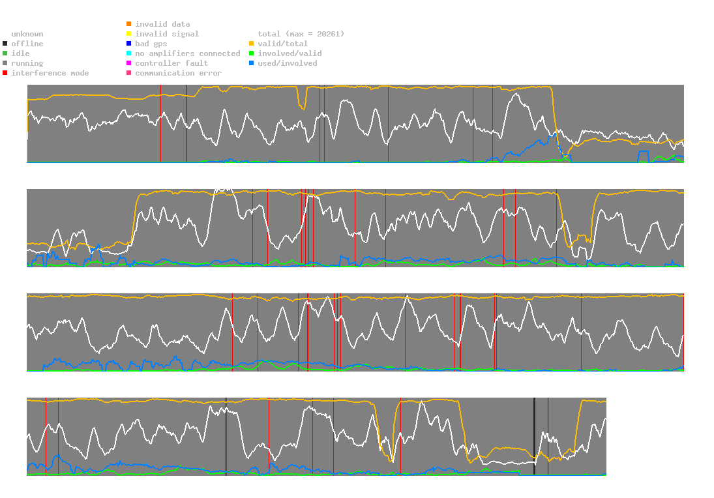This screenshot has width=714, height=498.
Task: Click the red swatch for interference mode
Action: [5, 73]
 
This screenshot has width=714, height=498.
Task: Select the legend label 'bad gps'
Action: [151, 44]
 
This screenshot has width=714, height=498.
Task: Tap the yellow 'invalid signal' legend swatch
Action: [128, 34]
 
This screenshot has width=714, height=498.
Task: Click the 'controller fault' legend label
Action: [171, 63]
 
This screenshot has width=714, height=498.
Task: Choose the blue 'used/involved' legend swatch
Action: [251, 63]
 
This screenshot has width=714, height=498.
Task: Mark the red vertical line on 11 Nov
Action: [160, 124]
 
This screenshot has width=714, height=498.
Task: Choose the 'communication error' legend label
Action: [178, 73]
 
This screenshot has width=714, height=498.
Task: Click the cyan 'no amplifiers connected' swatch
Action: [128, 53]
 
